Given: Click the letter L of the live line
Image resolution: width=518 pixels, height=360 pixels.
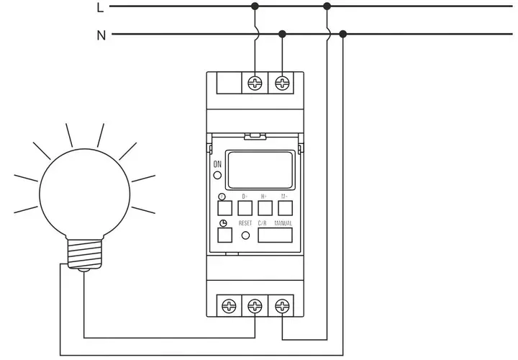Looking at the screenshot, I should (x=99, y=7).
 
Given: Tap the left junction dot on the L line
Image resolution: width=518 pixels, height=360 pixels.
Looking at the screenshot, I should (x=255, y=6).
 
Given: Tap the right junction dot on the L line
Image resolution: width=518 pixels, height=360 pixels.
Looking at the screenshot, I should (x=327, y=6).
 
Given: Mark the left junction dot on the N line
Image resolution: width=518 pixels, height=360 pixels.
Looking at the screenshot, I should (x=282, y=34).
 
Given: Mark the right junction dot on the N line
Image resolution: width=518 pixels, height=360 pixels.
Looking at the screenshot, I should (x=342, y=34).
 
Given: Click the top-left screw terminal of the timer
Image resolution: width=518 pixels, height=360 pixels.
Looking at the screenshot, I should (x=255, y=84).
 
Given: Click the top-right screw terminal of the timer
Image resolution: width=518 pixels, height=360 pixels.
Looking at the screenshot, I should (x=282, y=84).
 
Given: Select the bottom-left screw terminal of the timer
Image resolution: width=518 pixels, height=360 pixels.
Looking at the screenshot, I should (x=229, y=305).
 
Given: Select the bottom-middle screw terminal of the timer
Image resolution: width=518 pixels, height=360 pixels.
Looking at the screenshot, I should (x=255, y=305).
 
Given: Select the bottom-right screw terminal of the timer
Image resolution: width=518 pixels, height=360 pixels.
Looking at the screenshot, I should (x=281, y=305).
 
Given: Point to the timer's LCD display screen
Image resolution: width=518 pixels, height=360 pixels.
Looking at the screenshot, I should (x=260, y=168).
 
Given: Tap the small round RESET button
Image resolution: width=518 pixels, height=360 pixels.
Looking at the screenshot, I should (x=246, y=235).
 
